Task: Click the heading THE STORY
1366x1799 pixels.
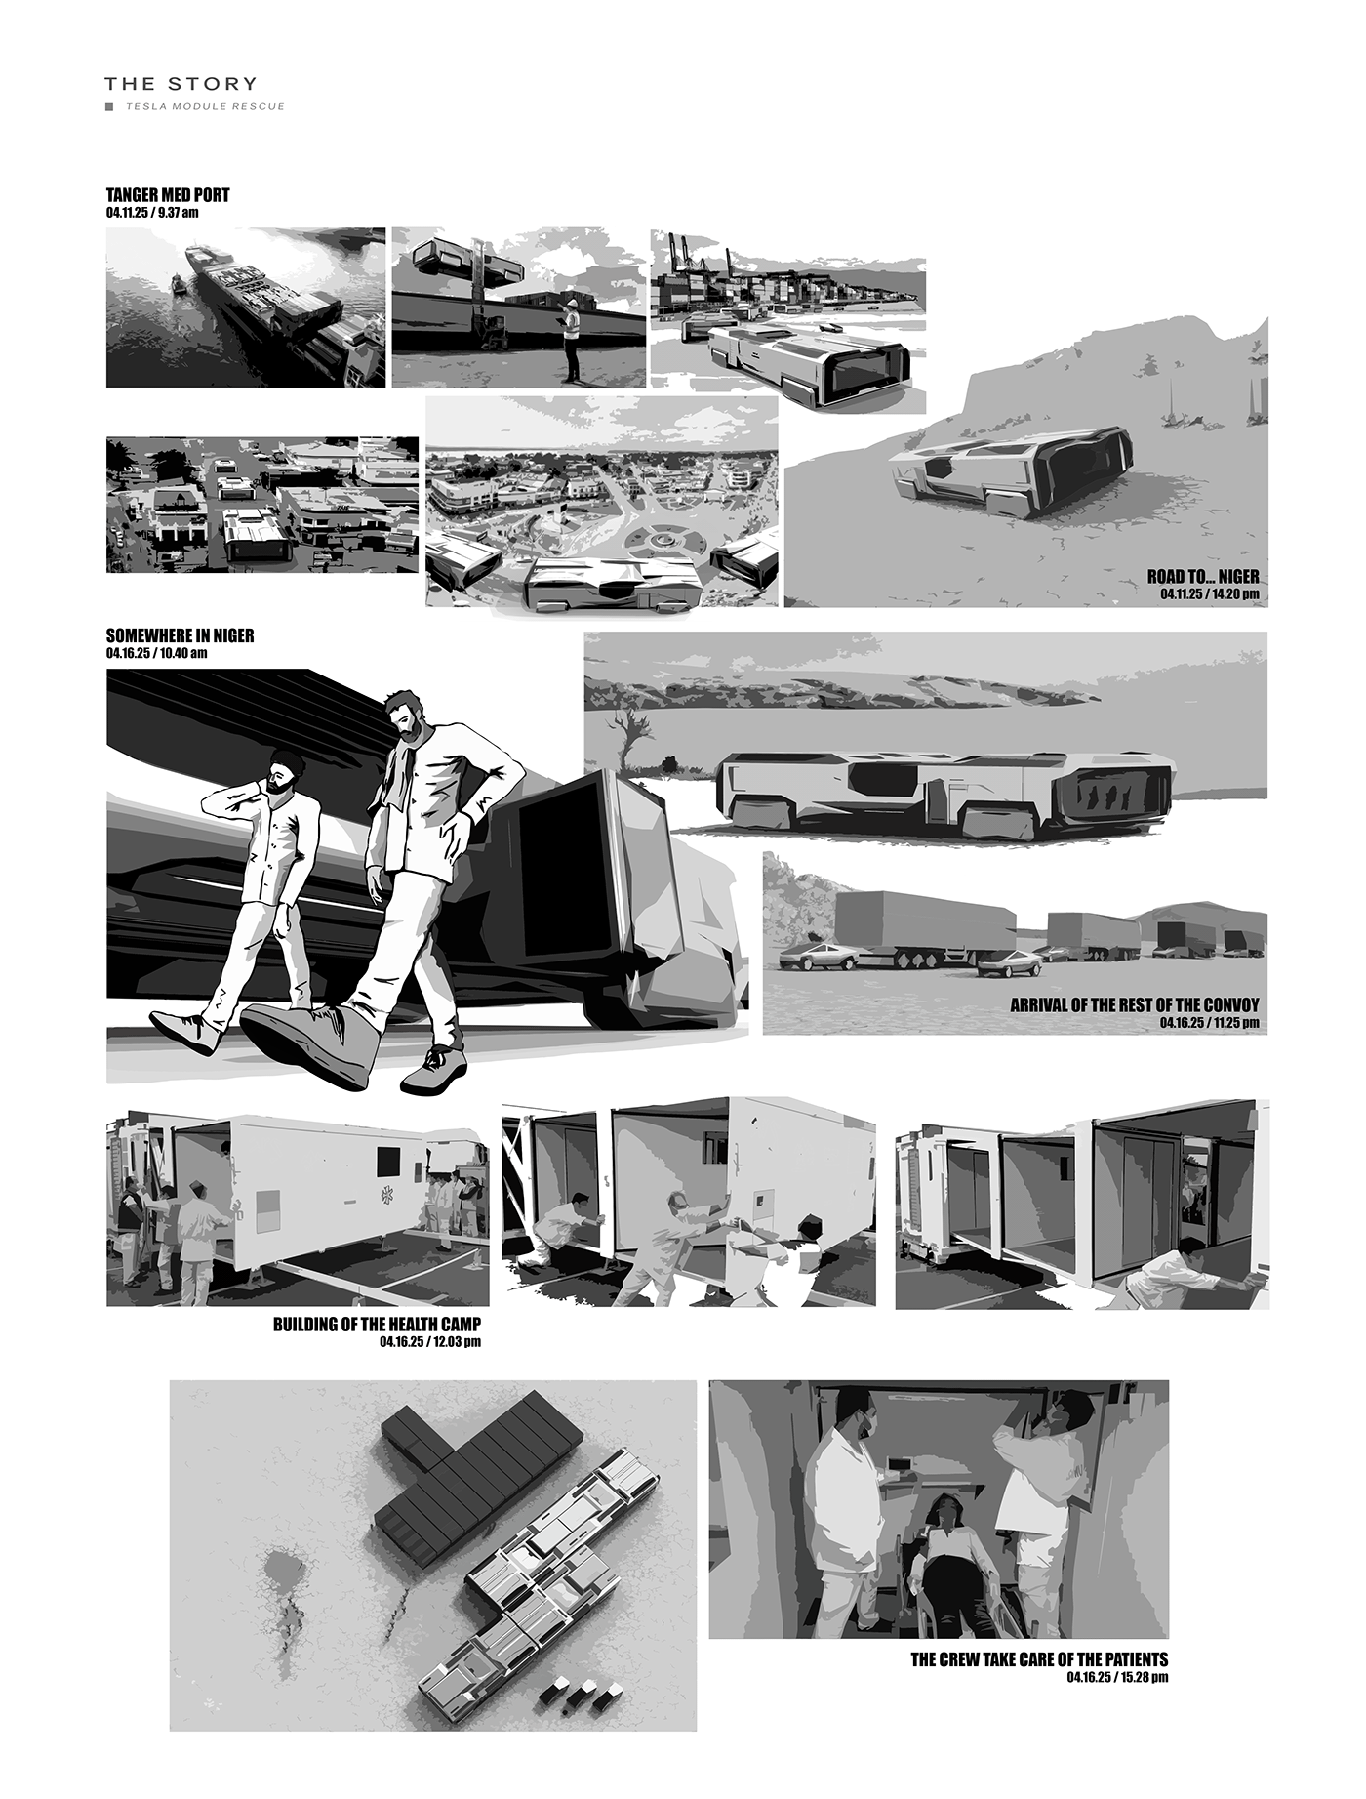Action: (x=181, y=84)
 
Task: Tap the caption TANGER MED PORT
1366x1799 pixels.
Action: (x=168, y=195)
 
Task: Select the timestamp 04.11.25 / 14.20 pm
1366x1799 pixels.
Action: (x=1210, y=593)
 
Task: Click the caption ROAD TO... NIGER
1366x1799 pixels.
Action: (x=1203, y=577)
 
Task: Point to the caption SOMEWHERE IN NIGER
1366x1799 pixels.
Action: (x=180, y=635)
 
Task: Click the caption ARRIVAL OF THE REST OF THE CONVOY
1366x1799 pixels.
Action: (x=1135, y=1004)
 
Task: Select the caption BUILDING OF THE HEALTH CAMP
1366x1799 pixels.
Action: (x=377, y=1325)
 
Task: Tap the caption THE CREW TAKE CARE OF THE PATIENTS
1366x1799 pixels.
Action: (x=1039, y=1659)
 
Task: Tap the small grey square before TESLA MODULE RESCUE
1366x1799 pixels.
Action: (x=109, y=106)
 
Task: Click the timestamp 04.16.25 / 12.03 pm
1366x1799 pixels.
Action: (x=430, y=1342)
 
